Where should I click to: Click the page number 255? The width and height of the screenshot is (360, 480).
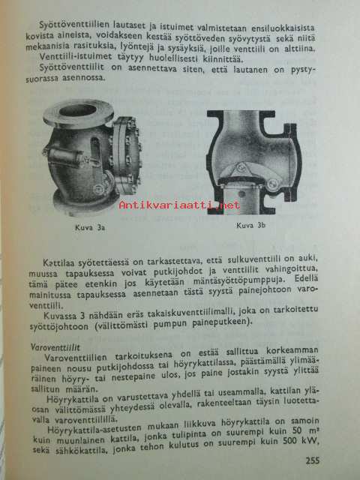click(312, 460)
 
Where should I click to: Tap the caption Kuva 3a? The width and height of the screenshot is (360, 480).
click(90, 228)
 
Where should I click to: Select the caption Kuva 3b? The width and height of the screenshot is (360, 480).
click(250, 226)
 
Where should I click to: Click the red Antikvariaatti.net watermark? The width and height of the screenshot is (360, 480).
click(179, 205)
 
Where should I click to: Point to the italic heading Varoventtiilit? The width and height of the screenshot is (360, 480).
click(55, 347)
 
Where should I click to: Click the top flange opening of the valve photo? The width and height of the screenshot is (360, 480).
click(77, 110)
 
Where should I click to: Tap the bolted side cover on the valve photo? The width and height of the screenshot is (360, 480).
click(127, 154)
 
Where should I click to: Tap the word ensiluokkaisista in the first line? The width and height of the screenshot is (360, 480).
click(283, 28)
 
